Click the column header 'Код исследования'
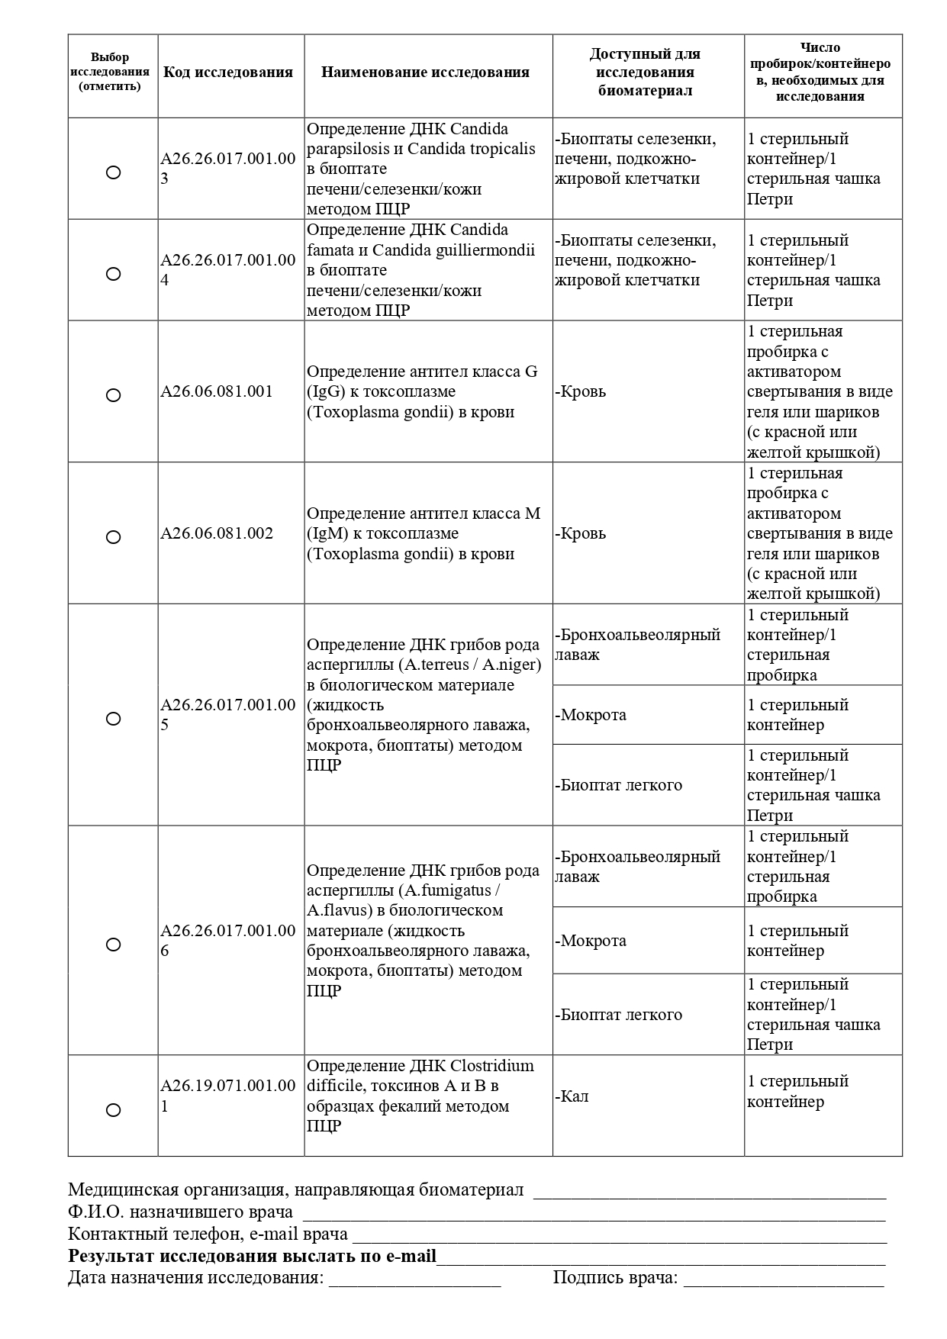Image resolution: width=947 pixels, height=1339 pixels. [228, 72]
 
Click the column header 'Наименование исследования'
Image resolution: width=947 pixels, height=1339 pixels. [425, 72]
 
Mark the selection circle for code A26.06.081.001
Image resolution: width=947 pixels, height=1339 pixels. [113, 395]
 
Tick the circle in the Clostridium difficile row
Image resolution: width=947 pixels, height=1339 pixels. [113, 1110]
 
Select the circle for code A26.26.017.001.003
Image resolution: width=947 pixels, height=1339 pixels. [113, 172]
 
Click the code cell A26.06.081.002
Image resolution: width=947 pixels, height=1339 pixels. [217, 533]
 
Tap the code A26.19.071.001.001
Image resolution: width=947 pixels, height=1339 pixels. [227, 1096]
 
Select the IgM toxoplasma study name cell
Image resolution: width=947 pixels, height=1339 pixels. [424, 533]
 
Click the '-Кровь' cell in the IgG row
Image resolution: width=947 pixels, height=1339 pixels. [581, 392]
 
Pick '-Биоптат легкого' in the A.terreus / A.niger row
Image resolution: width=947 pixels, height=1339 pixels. [619, 785]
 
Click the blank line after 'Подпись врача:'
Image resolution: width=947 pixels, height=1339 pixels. [784, 1279]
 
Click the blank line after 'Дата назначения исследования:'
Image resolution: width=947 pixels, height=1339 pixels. [414, 1279]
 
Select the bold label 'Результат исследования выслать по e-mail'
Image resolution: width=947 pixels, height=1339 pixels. [253, 1257]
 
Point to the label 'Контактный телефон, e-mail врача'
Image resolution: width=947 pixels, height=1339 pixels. [208, 1234]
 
